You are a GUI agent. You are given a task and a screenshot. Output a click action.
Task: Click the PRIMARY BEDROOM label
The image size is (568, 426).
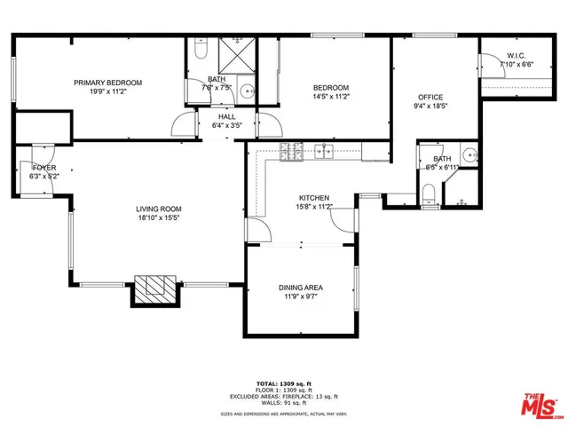107,83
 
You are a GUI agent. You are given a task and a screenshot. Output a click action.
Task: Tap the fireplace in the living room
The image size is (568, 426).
156,287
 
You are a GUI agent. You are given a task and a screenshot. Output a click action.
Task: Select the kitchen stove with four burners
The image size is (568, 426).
292,151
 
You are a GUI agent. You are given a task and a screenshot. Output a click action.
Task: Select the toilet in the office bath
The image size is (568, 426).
428,194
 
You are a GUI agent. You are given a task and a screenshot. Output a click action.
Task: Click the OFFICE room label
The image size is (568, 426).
430,98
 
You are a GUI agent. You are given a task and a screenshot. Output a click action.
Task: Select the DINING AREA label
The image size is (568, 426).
301,288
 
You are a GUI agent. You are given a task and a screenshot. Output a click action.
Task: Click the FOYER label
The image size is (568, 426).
43,167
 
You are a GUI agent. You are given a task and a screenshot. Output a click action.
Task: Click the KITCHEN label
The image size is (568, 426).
314,197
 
